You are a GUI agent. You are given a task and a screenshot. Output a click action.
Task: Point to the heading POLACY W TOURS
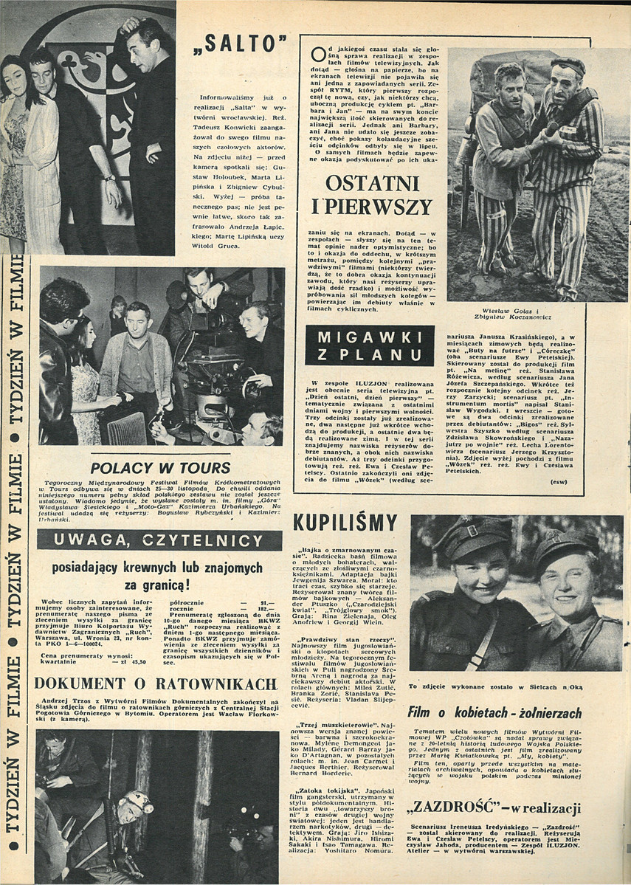[160, 467]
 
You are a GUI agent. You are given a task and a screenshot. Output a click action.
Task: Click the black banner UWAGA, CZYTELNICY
[159, 541]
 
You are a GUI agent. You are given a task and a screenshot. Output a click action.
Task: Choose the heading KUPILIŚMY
[345, 523]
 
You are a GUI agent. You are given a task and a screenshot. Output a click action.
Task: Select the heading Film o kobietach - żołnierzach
[494, 713]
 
